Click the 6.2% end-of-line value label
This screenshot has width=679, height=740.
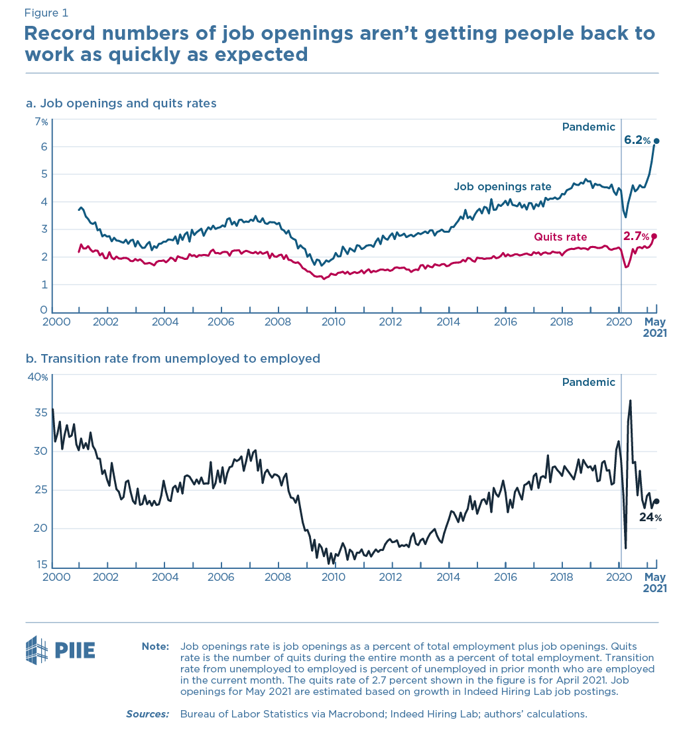(637, 140)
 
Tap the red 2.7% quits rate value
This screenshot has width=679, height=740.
(636, 236)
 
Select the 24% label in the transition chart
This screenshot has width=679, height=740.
(650, 517)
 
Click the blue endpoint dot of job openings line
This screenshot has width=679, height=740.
(656, 141)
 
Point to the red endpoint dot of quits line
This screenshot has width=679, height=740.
(654, 236)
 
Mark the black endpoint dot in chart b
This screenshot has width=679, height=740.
(656, 502)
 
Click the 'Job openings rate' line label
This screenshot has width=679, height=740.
(503, 186)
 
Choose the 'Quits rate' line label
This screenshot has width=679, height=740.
(560, 237)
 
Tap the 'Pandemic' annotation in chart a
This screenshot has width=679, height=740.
(588, 127)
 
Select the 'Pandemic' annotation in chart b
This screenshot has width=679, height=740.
(588, 382)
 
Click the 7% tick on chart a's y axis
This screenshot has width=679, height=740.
(41, 122)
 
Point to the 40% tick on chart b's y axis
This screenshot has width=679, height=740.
(38, 377)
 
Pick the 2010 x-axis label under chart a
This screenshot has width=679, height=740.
(334, 322)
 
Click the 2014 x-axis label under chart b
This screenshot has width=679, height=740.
(448, 577)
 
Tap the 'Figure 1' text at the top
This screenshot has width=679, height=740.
(46, 13)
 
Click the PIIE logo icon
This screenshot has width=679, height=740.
(37, 650)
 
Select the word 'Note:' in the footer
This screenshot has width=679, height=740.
(155, 646)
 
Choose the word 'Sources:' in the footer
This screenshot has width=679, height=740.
(147, 714)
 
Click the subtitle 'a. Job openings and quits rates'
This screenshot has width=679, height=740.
(121, 103)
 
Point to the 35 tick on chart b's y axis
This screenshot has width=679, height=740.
(40, 413)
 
